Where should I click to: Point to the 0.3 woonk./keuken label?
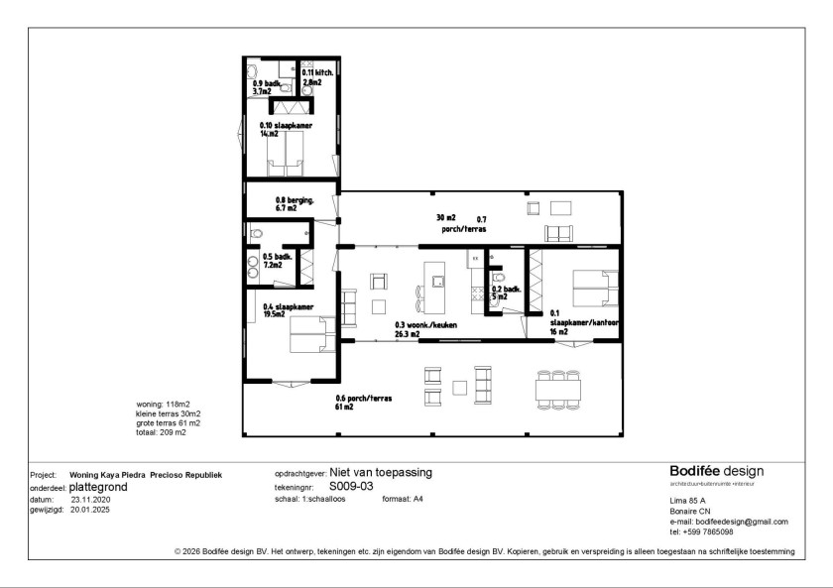[x=419, y=329]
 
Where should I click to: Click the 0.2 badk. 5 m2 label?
[x=499, y=292]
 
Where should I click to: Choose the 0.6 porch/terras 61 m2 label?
[x=364, y=402]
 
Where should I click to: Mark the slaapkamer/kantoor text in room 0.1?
[x=585, y=323]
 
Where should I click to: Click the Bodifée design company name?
[x=716, y=471]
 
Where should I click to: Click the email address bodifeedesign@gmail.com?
[x=742, y=522]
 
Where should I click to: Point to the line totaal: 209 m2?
[x=161, y=432]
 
